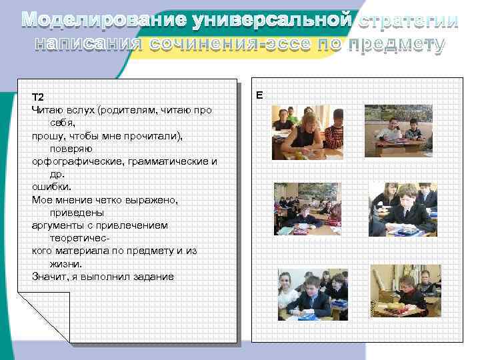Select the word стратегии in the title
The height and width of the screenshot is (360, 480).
point(407,21)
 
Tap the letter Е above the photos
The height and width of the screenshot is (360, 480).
point(259,95)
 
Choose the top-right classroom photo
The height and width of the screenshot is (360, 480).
point(398,130)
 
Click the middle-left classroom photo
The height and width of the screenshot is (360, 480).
point(307,209)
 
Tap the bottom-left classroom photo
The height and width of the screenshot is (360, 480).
point(312,293)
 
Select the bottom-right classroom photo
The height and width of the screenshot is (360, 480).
point(405,291)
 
